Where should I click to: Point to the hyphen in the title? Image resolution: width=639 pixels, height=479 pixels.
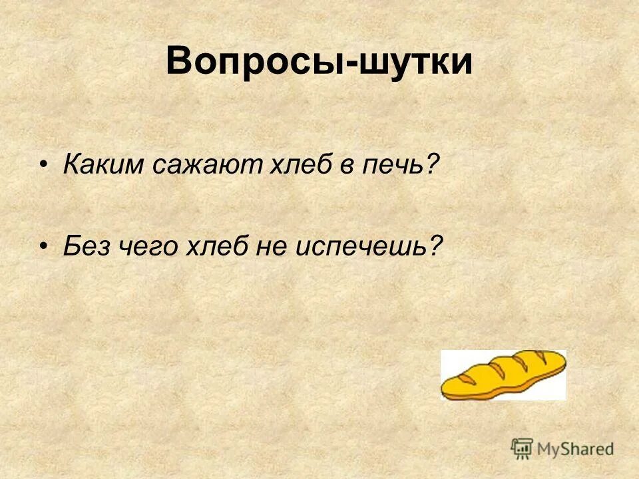tap(350, 65)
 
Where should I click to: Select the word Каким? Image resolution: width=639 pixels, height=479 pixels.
tap(103, 165)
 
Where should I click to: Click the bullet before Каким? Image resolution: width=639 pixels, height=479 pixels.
tap(44, 165)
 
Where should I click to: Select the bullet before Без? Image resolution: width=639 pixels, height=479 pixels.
tap(44, 247)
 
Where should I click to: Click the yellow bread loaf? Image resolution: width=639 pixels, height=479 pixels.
tap(504, 375)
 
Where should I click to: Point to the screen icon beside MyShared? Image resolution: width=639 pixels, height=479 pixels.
tap(523, 448)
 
